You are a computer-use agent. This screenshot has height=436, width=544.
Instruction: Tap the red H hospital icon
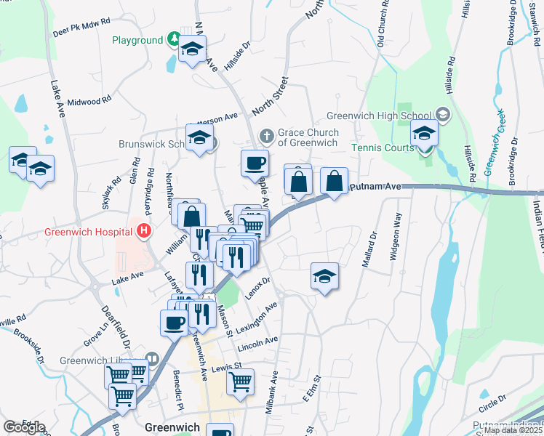click(x=144, y=232)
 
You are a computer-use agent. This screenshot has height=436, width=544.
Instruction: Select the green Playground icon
click(x=174, y=39)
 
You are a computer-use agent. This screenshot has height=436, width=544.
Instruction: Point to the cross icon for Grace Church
click(x=267, y=136)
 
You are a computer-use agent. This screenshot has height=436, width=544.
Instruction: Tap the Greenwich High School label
click(x=378, y=115)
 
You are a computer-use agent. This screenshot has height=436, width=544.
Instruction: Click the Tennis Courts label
click(x=383, y=148)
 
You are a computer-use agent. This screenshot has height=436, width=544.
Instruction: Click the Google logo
click(x=24, y=427)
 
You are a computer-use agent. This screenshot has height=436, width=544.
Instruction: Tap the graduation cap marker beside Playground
click(x=192, y=50)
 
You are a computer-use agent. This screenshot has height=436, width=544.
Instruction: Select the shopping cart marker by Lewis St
click(x=240, y=382)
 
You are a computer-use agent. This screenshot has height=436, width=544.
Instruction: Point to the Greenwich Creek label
click(x=496, y=142)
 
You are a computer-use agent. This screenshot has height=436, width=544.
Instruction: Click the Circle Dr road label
click(x=492, y=400)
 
